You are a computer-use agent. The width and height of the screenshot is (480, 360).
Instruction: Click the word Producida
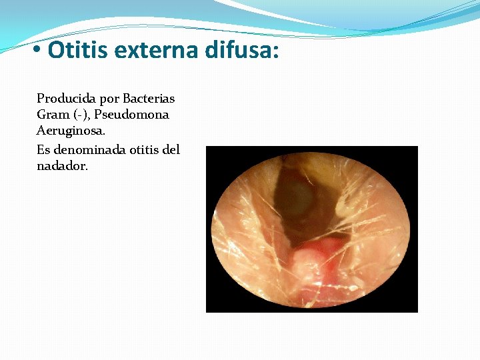[x=66, y=99]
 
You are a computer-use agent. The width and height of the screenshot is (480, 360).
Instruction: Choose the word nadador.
[x=62, y=166]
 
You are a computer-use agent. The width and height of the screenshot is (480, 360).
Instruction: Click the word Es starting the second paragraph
[x=43, y=150]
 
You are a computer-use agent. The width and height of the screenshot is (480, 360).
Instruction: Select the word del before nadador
[x=171, y=150]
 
